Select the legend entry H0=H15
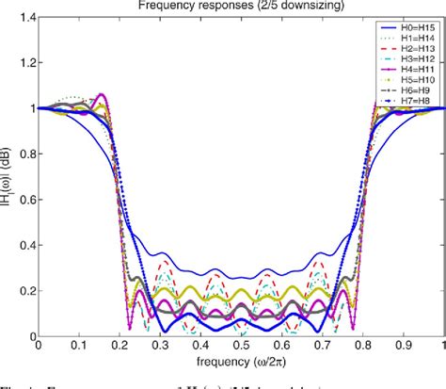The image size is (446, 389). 409,30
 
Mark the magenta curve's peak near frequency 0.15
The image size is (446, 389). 101,94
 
